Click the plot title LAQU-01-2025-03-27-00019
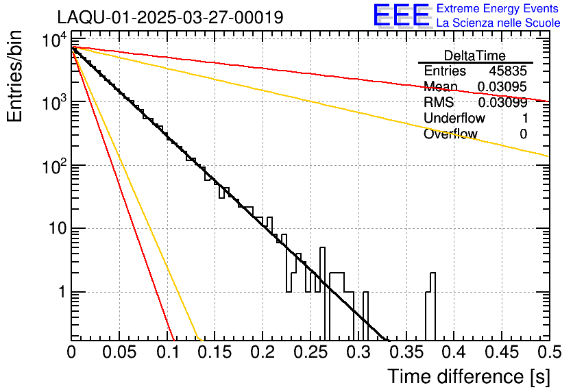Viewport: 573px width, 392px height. click(x=170, y=17)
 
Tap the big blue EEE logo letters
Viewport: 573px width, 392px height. click(x=401, y=16)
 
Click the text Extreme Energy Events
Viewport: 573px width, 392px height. click(x=498, y=9)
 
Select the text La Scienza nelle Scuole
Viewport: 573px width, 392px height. click(x=498, y=23)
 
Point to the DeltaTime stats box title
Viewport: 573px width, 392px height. click(x=475, y=56)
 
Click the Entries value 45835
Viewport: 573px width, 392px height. click(x=508, y=71)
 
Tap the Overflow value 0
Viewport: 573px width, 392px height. click(x=524, y=134)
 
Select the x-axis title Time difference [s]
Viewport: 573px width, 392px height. click(x=467, y=376)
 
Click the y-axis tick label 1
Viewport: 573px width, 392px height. click(x=60, y=292)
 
